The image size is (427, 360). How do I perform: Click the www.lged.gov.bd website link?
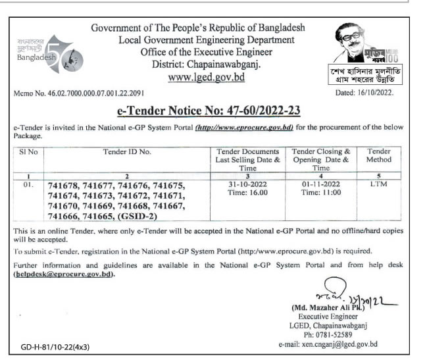207,77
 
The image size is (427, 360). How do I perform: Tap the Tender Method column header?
379,155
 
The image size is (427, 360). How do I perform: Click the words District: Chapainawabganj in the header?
207,64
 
